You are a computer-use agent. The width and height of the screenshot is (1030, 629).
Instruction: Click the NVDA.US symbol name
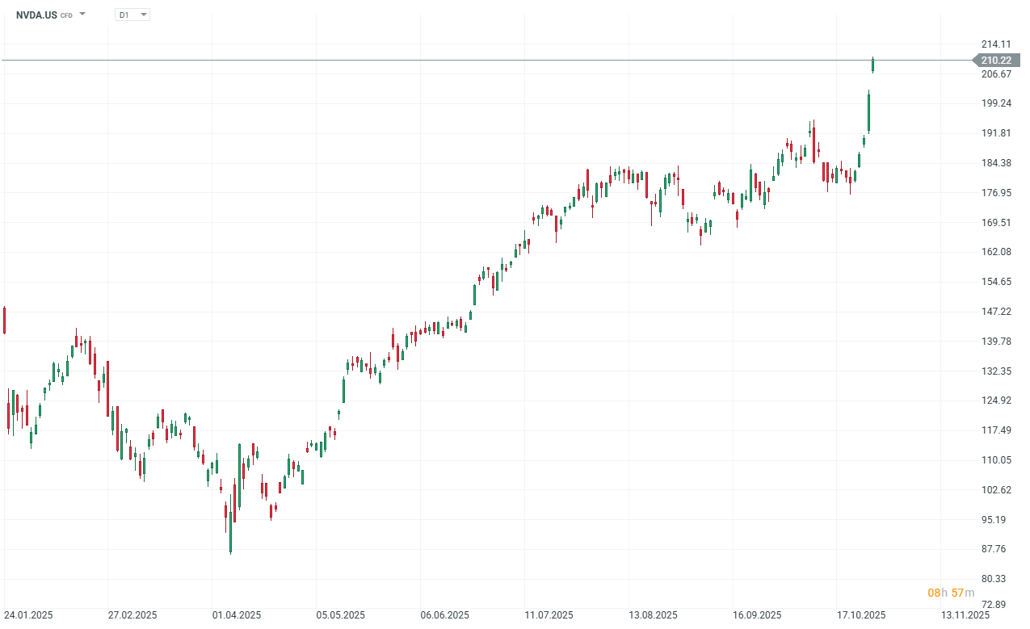[x=36, y=15]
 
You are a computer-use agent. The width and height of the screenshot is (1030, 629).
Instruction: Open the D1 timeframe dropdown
[x=132, y=15]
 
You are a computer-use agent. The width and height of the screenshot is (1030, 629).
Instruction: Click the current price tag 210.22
[x=995, y=61]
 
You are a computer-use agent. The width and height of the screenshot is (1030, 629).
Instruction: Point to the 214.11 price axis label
[x=995, y=44]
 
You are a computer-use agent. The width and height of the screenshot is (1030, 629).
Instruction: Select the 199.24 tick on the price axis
[x=995, y=103]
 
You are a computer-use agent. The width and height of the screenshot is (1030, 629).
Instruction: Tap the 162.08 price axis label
[x=995, y=252]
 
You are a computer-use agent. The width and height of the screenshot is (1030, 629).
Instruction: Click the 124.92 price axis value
[x=995, y=400]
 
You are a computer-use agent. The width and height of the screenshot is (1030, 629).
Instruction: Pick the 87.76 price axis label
[x=995, y=549]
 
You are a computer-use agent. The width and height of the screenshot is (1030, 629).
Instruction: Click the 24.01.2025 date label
[x=28, y=615]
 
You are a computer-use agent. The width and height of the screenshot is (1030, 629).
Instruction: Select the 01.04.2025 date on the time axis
[x=237, y=615]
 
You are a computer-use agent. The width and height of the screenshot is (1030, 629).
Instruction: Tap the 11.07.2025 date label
[x=549, y=615]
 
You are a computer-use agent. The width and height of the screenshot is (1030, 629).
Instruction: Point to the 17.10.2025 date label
[x=861, y=615]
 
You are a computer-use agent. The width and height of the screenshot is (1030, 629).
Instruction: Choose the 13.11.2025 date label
[x=965, y=615]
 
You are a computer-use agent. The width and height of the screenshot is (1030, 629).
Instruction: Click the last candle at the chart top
[x=873, y=65]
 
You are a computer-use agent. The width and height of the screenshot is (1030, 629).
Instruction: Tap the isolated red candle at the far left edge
[x=4, y=320]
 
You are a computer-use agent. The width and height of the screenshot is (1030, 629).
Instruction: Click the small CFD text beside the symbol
[x=66, y=15]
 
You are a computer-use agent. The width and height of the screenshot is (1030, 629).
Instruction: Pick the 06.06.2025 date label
[x=445, y=615]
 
